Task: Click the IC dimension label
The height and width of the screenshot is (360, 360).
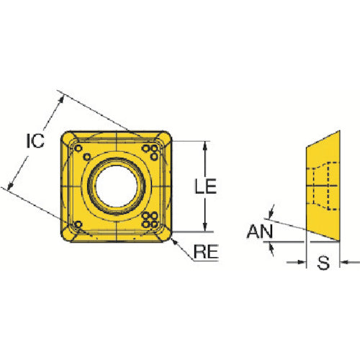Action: click(x=35, y=141)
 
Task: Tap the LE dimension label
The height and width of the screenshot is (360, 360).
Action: click(x=205, y=186)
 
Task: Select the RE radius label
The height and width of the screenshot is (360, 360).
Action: click(x=206, y=251)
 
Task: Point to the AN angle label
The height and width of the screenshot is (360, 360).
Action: click(x=260, y=231)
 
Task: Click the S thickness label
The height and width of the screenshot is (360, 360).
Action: click(x=323, y=263)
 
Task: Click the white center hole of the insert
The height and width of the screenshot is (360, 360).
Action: click(x=117, y=186)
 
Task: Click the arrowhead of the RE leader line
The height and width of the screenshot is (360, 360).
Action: click(x=175, y=242)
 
